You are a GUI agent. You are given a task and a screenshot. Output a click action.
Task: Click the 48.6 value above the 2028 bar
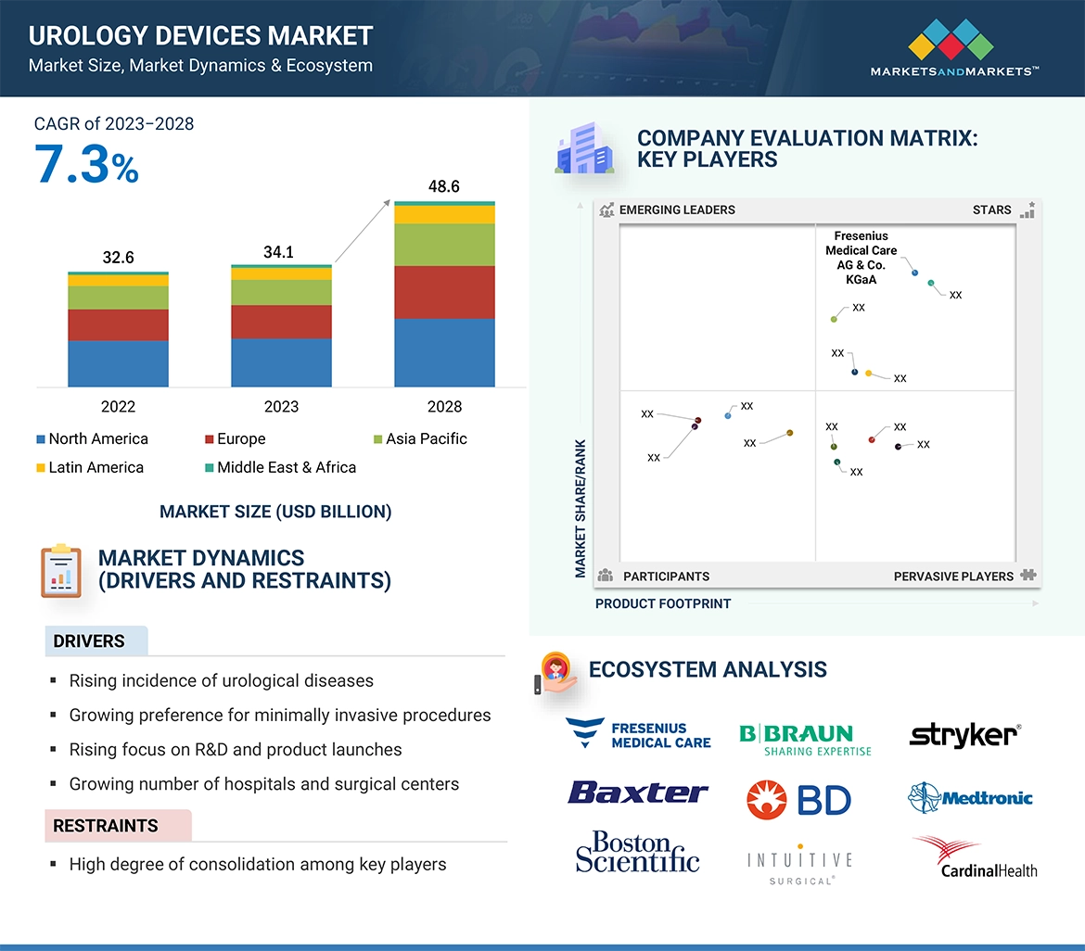point(443,186)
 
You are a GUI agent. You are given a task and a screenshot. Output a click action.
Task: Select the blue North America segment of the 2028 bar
point(444,352)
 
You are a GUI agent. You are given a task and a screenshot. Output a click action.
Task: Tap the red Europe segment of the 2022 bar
point(118,324)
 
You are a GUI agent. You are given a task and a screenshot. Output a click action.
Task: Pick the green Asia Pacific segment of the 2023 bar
point(281,292)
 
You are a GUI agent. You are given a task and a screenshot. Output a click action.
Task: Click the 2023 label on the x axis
point(281,406)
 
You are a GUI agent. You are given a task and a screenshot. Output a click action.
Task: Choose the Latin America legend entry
point(90,467)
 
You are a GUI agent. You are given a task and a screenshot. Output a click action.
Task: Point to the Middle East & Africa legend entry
point(279,467)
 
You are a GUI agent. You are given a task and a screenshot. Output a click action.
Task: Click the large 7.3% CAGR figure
point(86,165)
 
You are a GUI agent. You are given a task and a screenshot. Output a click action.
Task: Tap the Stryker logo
point(964,735)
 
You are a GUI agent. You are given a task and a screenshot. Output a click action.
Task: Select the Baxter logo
point(638,792)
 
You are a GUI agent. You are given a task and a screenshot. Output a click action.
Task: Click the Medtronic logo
point(970,797)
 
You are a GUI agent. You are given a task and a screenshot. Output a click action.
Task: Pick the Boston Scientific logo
point(637,852)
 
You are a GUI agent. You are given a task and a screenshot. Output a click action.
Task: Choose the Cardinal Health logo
point(975,856)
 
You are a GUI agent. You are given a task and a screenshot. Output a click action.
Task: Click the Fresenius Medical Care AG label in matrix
point(861,258)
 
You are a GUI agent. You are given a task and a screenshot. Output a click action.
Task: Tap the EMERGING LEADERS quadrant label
point(676,209)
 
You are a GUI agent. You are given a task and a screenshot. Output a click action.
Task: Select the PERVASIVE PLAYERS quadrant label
point(952,576)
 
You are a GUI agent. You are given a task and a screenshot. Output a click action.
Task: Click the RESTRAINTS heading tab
point(106,825)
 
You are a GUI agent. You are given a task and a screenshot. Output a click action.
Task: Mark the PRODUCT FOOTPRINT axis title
point(662,603)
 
